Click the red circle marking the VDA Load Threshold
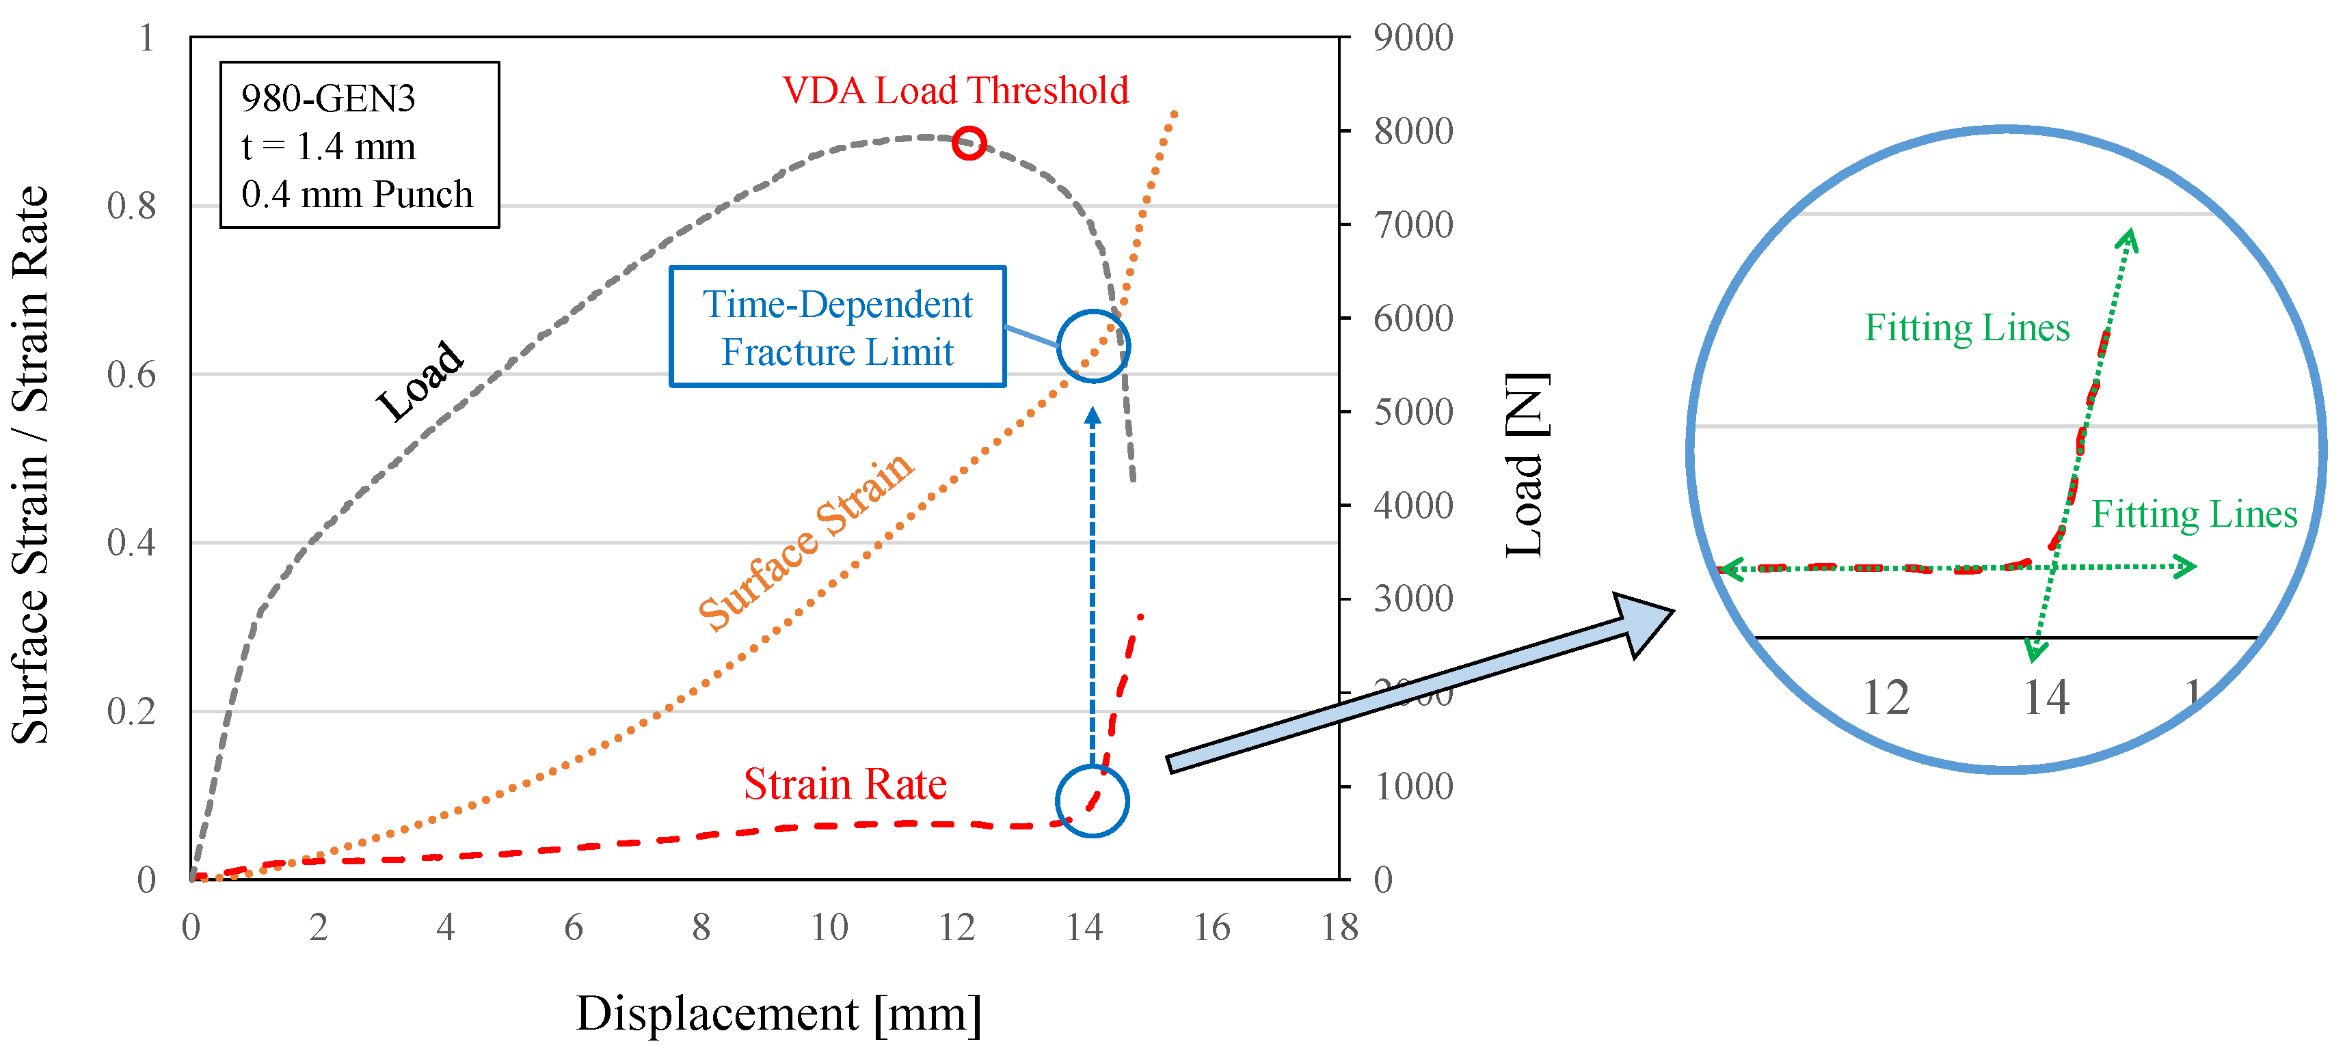click(969, 143)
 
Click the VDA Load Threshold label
click(955, 90)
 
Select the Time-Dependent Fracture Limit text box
click(837, 327)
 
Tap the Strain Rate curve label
click(845, 784)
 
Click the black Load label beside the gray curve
click(420, 381)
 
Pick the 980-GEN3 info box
click(360, 145)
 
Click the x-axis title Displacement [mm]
click(778, 1013)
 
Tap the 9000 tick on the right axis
click(1413, 38)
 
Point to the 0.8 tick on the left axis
click(131, 206)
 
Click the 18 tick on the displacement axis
click(1339, 928)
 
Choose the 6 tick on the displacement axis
click(574, 928)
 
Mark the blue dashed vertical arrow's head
click(1093, 417)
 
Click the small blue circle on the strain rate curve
click(1093, 801)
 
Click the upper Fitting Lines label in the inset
click(1967, 327)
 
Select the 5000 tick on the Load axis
click(1413, 412)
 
